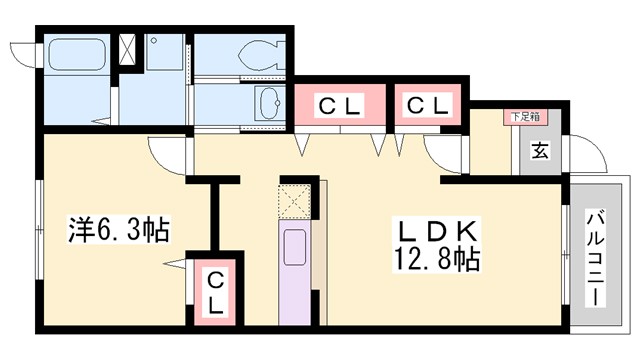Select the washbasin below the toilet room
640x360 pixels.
coord(268,102)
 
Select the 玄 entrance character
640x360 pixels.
coord(539,151)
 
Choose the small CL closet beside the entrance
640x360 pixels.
coord(428,104)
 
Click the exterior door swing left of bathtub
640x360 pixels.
coord(23,56)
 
